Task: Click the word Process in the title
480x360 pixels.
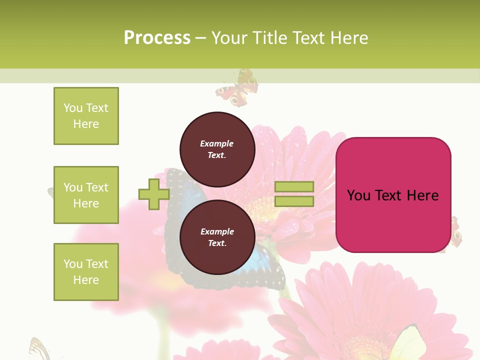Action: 157,37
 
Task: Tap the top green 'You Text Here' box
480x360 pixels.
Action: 86,116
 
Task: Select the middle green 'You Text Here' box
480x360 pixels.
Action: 86,195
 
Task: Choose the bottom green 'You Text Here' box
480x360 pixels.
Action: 86,272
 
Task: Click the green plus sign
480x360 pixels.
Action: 154,194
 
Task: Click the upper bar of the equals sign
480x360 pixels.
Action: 294,187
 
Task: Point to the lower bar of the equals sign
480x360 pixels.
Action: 294,201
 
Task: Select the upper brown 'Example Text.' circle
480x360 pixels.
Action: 217,149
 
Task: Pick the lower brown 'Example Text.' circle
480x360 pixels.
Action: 217,237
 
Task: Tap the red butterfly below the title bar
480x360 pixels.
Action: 237,89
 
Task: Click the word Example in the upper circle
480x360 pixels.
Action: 216,143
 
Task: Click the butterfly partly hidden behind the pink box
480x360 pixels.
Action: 455,232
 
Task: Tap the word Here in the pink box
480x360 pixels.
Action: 422,195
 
